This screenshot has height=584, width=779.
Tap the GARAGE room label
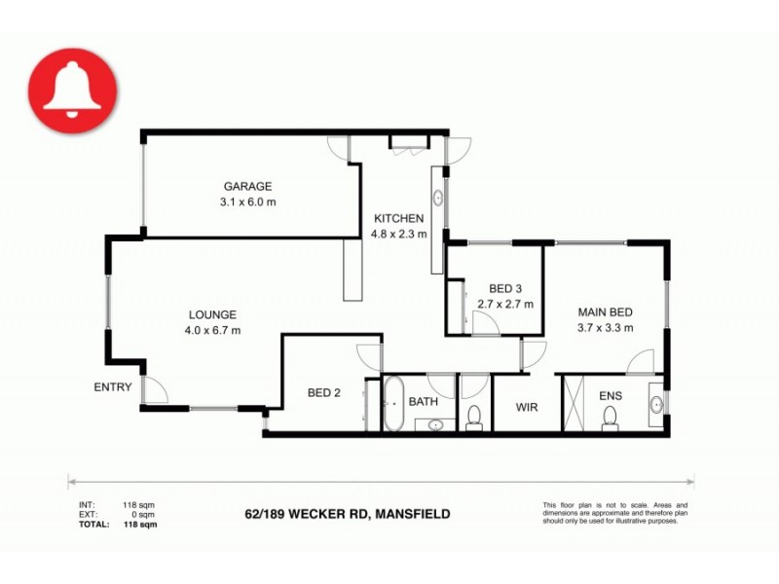point(247,186)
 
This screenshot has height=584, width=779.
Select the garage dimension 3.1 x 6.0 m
point(247,202)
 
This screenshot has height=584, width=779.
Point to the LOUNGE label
point(212,314)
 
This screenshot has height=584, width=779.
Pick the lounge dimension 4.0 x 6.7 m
point(212,330)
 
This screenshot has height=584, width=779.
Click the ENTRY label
point(113,387)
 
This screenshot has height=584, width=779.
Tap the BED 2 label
point(323,393)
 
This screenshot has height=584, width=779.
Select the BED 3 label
point(505,288)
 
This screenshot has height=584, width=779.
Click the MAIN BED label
point(606,312)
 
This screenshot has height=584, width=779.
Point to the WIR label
point(526,408)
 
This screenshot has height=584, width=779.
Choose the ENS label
point(611,396)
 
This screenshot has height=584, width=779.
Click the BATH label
point(424,401)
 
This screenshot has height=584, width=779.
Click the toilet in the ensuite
point(611,417)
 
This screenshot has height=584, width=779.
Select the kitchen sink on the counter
point(437,197)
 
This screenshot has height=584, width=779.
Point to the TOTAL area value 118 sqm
point(135,523)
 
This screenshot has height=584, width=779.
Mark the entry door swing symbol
point(154,390)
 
